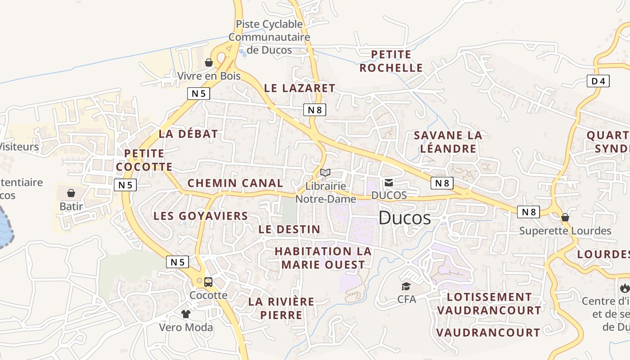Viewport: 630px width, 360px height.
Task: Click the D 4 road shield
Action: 598,81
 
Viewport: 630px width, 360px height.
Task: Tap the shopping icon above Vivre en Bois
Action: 209,63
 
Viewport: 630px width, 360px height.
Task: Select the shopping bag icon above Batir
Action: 71,193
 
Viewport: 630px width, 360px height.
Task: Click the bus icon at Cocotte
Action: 208,282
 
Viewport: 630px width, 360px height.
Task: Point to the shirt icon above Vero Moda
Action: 185,314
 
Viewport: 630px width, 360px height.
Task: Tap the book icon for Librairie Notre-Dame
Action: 325,172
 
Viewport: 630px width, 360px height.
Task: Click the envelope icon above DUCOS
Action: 389,182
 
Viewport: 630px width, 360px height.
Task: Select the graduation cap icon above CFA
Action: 406,286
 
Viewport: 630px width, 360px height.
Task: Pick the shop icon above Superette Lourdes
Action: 565,218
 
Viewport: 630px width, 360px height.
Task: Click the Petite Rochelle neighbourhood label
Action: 391,61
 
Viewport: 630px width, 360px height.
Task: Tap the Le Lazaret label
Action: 300,88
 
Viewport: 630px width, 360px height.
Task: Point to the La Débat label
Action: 188,134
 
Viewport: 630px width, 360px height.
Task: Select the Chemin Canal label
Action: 235,183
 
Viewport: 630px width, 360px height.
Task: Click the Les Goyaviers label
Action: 201,216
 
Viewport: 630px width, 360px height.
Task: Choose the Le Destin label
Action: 289,229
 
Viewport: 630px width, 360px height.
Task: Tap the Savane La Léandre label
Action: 447,142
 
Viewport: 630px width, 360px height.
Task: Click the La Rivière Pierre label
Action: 281,308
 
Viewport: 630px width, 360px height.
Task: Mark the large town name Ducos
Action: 405,218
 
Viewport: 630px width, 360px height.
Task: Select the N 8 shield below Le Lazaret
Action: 315,110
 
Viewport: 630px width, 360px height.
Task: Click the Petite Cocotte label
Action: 144,160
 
